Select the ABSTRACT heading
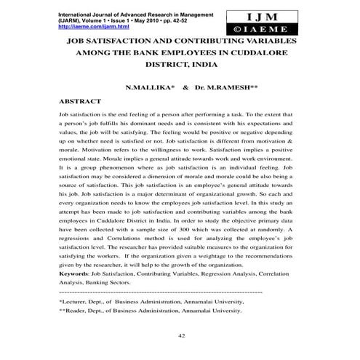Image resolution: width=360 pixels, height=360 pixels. tap(79, 103)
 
